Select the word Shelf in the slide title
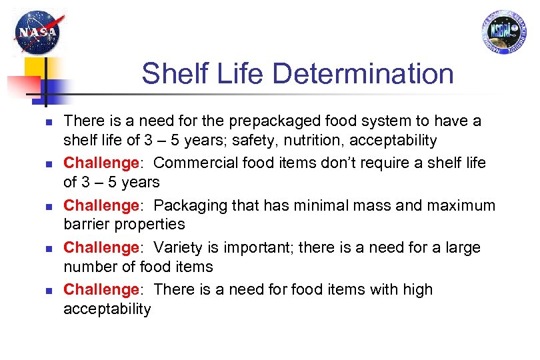pyautogui.click(x=169, y=74)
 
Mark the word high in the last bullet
pyautogui.click(x=417, y=289)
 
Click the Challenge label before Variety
pyautogui.click(x=101, y=247)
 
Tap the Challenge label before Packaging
pyautogui.click(x=101, y=205)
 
